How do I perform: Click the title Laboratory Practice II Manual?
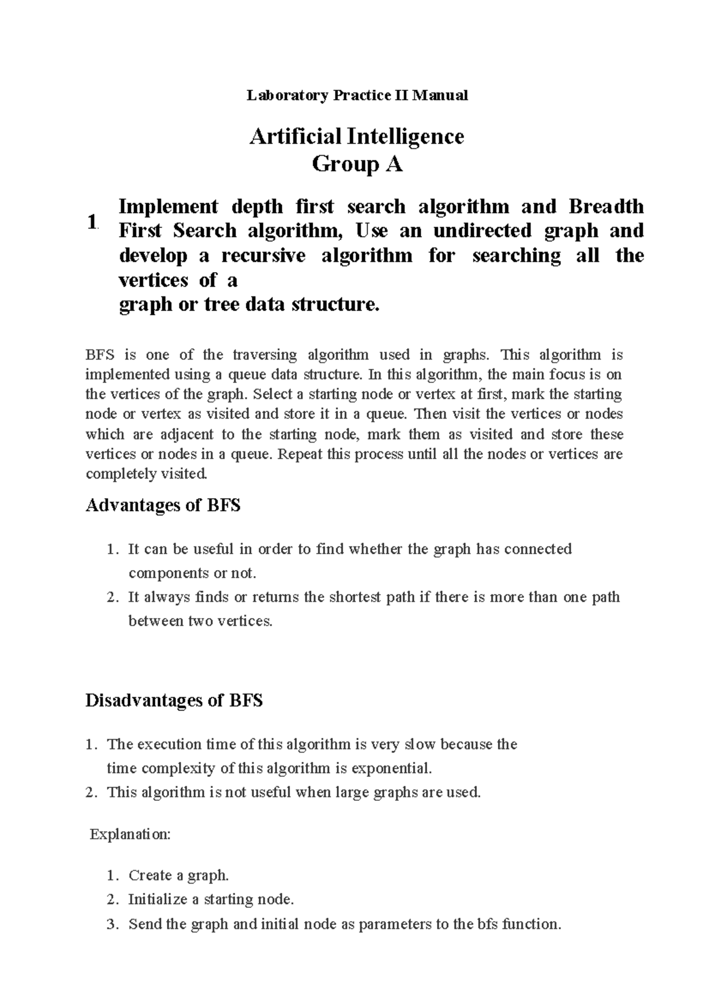(x=357, y=95)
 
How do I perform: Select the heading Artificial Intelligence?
(x=357, y=136)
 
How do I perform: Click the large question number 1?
(x=91, y=223)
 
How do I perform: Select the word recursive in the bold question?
(x=264, y=256)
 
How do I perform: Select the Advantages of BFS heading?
(x=163, y=505)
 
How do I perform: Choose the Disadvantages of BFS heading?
(x=174, y=701)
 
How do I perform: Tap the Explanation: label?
(x=130, y=835)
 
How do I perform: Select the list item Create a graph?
(x=178, y=875)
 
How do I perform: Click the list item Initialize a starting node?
(x=211, y=899)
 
